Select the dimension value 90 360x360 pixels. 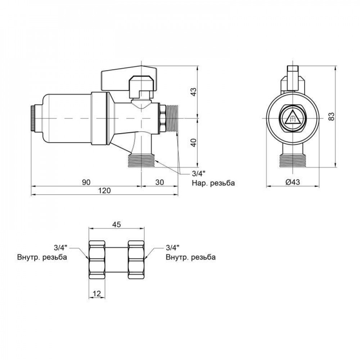click(86, 182)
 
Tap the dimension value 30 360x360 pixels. click(160, 182)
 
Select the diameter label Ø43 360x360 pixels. click(292, 183)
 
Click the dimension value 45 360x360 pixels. click(117, 224)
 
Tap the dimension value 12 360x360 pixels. click(96, 294)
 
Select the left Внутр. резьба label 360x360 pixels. click(42, 257)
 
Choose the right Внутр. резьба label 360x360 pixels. click(191, 257)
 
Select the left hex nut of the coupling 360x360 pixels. click(97, 259)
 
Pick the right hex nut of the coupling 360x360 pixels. click(136, 259)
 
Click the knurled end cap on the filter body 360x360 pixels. click(33, 118)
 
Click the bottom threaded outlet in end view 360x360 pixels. click(292, 161)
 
